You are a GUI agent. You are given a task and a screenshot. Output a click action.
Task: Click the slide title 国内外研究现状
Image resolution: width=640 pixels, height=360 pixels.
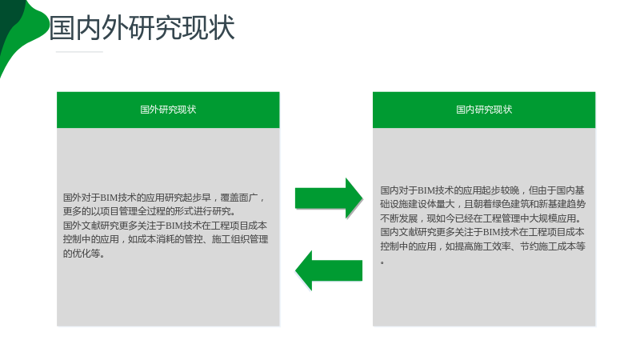tap(142, 28)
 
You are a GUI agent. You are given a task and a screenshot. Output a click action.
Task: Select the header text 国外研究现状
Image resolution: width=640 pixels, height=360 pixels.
tap(168, 110)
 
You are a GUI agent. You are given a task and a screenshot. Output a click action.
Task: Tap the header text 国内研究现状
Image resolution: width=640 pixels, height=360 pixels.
tap(484, 110)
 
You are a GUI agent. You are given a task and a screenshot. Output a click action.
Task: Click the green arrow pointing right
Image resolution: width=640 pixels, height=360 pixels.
tap(329, 198)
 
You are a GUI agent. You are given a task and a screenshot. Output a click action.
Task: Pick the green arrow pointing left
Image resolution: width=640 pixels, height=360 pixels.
tap(329, 270)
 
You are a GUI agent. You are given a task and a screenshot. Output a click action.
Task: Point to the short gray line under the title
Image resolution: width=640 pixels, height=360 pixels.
tap(79, 52)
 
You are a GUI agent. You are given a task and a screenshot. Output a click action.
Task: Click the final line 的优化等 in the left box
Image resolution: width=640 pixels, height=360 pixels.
tap(84, 254)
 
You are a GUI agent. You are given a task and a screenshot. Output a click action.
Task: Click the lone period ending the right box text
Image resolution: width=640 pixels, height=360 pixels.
tap(382, 262)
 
